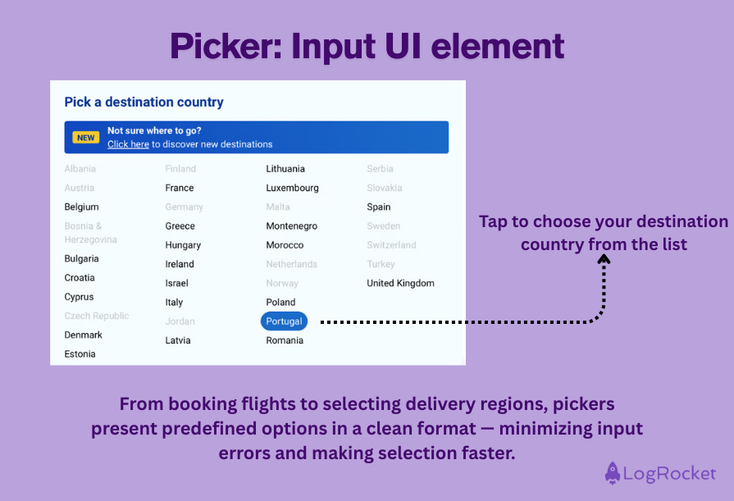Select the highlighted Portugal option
click(284, 321)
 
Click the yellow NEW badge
click(86, 138)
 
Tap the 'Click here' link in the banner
click(128, 144)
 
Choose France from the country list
click(180, 188)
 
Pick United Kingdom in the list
click(400, 283)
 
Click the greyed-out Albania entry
click(80, 169)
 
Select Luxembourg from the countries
click(292, 188)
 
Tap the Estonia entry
click(80, 354)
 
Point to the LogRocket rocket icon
click(612, 473)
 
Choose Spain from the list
click(379, 207)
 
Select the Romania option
click(285, 340)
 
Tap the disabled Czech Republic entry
click(97, 316)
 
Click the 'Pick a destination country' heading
click(144, 102)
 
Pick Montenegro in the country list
click(291, 226)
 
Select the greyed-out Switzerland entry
click(391, 245)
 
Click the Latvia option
click(177, 340)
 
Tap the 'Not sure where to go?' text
click(154, 130)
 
